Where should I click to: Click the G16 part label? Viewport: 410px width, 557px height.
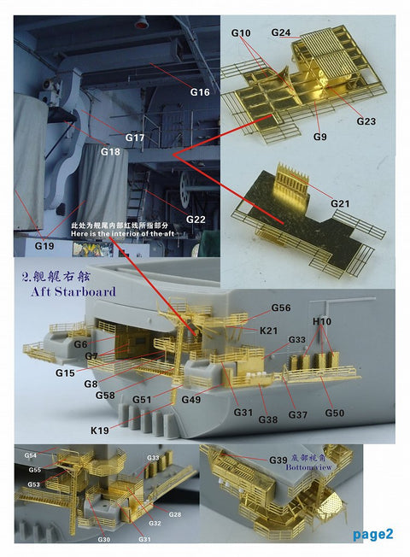pos(199,91)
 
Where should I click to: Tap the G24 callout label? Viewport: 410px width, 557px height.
pos(281,32)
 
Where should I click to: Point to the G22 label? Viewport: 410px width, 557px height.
pos(196,220)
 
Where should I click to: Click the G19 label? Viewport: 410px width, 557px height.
pos(44,245)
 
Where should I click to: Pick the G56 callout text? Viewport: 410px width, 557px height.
pos(281,308)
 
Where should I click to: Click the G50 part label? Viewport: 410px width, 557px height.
pos(334,413)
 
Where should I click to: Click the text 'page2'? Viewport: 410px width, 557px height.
pos(373,535)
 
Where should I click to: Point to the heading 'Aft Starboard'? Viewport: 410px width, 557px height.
pos(65,291)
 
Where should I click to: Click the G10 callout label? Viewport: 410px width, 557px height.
pos(241,32)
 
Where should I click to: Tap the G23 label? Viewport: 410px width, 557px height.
pos(366,121)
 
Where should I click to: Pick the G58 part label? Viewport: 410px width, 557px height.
pos(105,396)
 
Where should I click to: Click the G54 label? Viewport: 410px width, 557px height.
pos(31,456)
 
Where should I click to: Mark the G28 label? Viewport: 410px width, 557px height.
pos(174,514)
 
